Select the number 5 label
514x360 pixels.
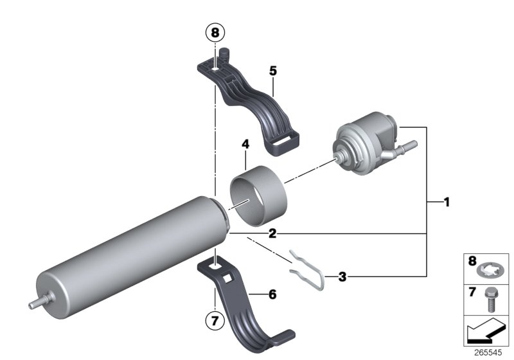coord(273,71)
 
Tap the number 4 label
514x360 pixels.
coord(245,147)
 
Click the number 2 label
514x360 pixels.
coord(272,233)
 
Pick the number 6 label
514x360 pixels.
coord(272,294)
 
